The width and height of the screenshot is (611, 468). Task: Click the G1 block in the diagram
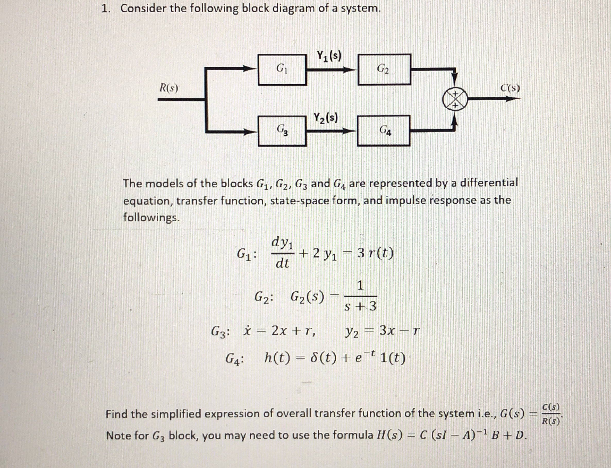[x=282, y=70]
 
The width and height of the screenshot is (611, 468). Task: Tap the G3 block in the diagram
[x=282, y=131]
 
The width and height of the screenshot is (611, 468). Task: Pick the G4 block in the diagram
[x=384, y=131]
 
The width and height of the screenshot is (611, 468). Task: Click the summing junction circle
[x=455, y=99]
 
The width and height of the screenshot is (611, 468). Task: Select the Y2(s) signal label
[x=325, y=118]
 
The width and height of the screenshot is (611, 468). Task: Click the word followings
[x=151, y=218]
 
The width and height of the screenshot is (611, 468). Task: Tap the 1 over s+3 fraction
[x=360, y=296]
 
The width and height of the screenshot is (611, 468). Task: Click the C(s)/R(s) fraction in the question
[x=550, y=414]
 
